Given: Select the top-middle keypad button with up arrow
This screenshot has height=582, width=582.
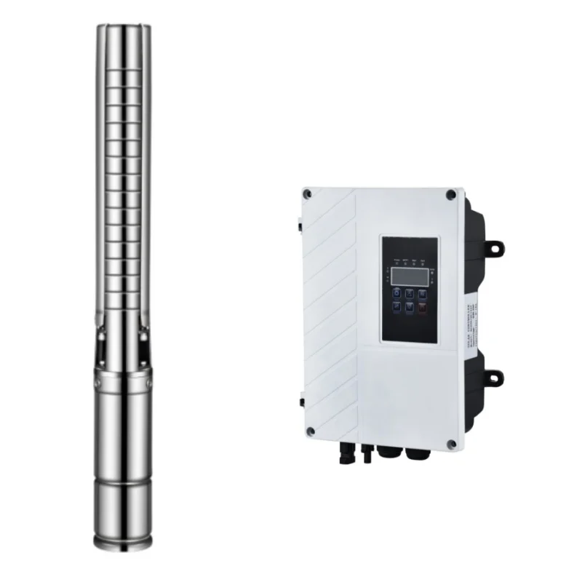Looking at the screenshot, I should click(x=410, y=294).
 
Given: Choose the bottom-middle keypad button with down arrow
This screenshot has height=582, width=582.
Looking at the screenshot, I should click(x=410, y=308).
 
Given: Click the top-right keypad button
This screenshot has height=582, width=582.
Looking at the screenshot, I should click(x=422, y=294).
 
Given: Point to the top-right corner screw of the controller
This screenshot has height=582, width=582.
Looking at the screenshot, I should click(x=451, y=195).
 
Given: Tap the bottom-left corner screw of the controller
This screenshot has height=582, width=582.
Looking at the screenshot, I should click(x=310, y=431).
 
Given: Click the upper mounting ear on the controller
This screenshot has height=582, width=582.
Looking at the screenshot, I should click(x=495, y=248).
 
